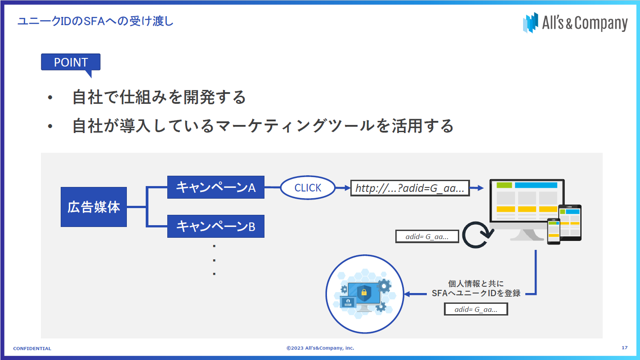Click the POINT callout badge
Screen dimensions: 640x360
pyautogui.click(x=71, y=62)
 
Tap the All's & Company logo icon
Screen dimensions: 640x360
pyautogui.click(x=530, y=23)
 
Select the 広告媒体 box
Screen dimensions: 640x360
pyautogui.click(x=94, y=207)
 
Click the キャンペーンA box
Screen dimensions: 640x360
pyautogui.click(x=216, y=187)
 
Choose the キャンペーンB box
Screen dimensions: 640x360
pyautogui.click(x=216, y=227)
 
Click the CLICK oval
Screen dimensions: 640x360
pyautogui.click(x=308, y=187)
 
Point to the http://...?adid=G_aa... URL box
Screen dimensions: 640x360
pyautogui.click(x=410, y=188)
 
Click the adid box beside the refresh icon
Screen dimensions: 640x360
pyautogui.click(x=427, y=236)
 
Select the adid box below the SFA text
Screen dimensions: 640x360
pyautogui.click(x=476, y=309)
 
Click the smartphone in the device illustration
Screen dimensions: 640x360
pyautogui.click(x=554, y=231)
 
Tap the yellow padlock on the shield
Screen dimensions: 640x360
pyautogui.click(x=364, y=292)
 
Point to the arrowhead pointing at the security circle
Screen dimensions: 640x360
pyautogui.click(x=407, y=294)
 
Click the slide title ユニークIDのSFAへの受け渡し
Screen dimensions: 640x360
pyautogui.click(x=95, y=21)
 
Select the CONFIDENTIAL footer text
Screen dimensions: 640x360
pyautogui.click(x=32, y=348)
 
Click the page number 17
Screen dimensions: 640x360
pyautogui.click(x=625, y=347)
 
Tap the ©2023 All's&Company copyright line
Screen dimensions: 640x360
pyautogui.click(x=320, y=348)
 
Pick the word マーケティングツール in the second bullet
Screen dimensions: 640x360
pyautogui.click(x=295, y=126)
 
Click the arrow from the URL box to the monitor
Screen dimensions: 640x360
pyautogui.click(x=477, y=188)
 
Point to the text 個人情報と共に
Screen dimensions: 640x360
pyautogui.click(x=476, y=284)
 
